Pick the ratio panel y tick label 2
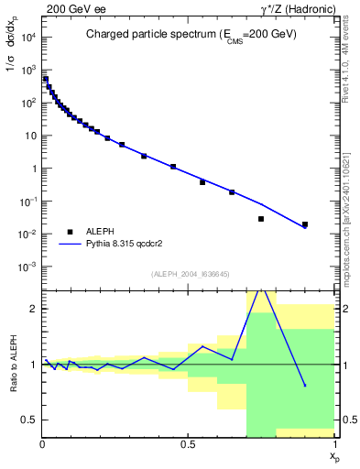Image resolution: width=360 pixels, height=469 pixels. tap(34, 309)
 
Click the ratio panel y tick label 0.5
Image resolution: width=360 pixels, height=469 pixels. tap(29, 420)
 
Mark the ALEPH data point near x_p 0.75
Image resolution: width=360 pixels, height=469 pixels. tap(261, 219)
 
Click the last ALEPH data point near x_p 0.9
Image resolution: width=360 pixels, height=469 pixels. tap(305, 224)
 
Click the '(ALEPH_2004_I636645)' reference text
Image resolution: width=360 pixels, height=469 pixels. tap(189, 274)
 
